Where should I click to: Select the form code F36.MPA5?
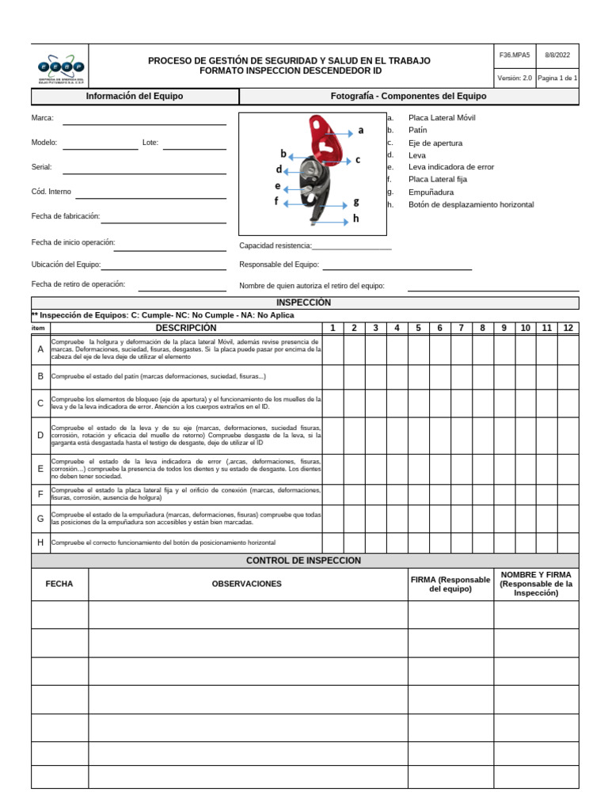pyautogui.click(x=515, y=55)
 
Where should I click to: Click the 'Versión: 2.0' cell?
pyautogui.click(x=515, y=78)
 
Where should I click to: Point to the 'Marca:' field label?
pyautogui.click(x=43, y=118)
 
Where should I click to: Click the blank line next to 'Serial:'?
pyautogui.click(x=144, y=168)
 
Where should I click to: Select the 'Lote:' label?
pyautogui.click(x=150, y=143)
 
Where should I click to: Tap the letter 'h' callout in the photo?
pyautogui.click(x=356, y=219)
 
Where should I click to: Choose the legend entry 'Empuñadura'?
pyautogui.click(x=431, y=192)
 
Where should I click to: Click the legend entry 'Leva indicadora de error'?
pyautogui.click(x=450, y=167)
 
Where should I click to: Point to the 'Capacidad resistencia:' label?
pyautogui.click(x=275, y=246)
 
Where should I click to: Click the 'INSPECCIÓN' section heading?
pyautogui.click(x=304, y=303)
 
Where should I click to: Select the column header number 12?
pyautogui.click(x=568, y=328)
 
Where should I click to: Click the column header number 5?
pyautogui.click(x=419, y=328)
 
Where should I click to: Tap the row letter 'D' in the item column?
pyautogui.click(x=40, y=436)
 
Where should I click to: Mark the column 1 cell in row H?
pyautogui.click(x=332, y=543)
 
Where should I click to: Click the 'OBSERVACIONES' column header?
pyautogui.click(x=247, y=584)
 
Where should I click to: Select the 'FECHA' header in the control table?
pyautogui.click(x=59, y=584)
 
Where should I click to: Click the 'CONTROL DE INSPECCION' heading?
pyautogui.click(x=304, y=561)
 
